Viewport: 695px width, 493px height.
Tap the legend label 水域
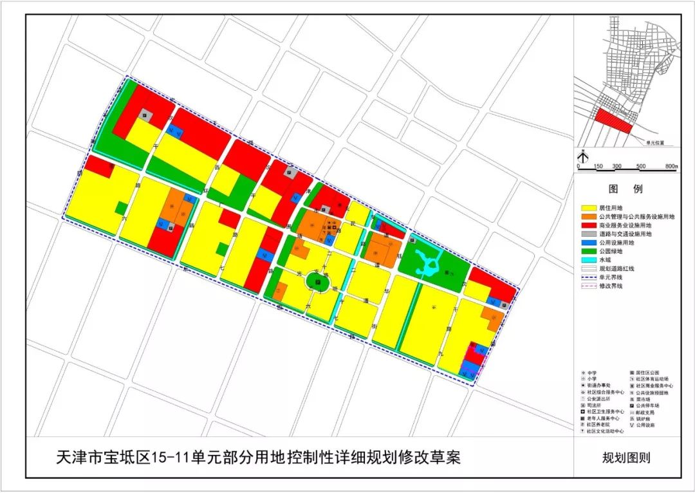(x=607, y=259)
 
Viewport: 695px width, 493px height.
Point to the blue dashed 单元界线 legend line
(x=589, y=277)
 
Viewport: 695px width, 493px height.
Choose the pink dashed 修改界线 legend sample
(x=589, y=285)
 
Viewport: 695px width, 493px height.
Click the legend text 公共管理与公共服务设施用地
(x=636, y=217)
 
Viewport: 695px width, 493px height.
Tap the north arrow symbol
(x=581, y=155)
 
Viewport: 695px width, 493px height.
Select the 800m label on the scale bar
(x=671, y=167)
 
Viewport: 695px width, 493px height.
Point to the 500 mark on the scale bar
(x=641, y=167)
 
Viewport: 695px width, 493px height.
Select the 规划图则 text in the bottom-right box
(x=625, y=458)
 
